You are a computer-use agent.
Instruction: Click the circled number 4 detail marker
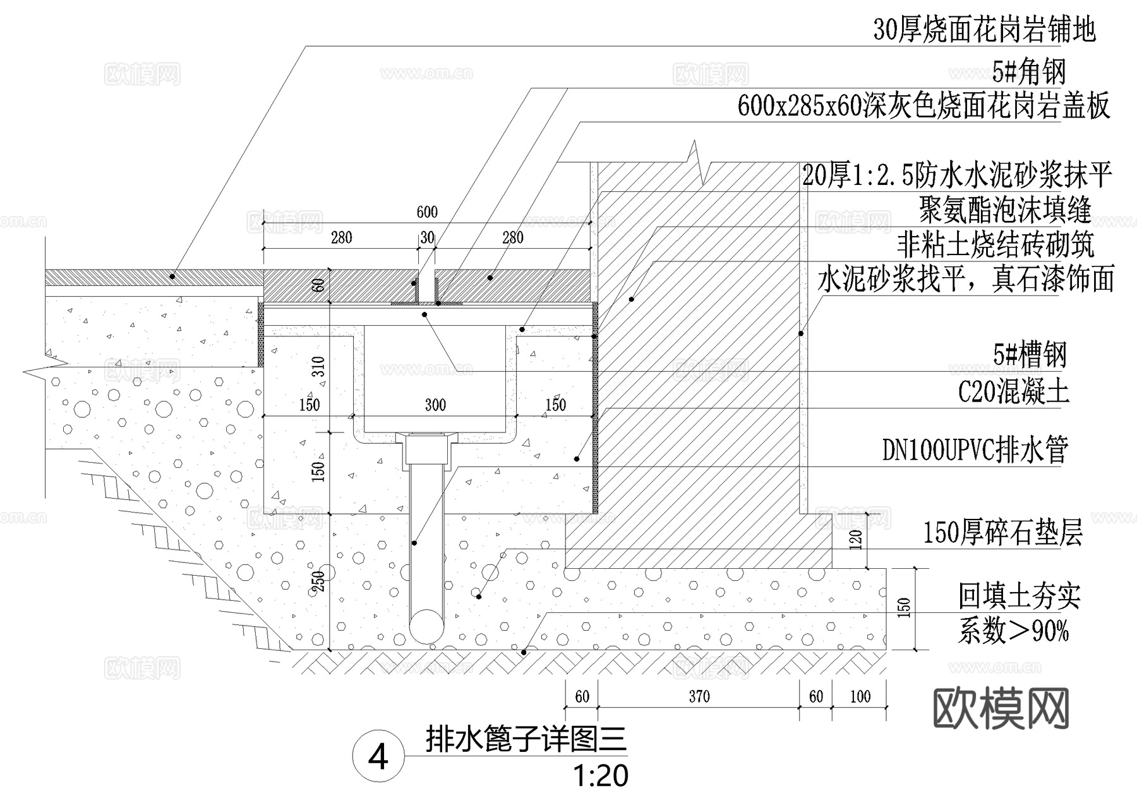pos(378,757)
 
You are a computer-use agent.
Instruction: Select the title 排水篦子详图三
pos(526,739)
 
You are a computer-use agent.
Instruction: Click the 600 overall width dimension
pos(427,212)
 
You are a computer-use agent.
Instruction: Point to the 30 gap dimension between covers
pos(428,237)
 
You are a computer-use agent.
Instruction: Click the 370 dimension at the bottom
pos(699,696)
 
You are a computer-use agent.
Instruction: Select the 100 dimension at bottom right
pos(860,696)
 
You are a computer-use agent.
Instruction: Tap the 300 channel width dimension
pos(435,405)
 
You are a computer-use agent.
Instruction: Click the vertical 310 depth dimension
pos(318,366)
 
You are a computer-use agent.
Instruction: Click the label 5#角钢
pos(1029,72)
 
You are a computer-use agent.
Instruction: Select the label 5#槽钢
pos(1030,355)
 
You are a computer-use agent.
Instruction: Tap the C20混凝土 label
pos(1013,391)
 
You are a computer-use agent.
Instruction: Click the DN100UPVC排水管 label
pos(975,450)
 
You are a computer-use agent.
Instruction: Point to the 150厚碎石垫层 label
pos(1002,533)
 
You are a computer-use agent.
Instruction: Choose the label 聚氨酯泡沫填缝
pos(1005,210)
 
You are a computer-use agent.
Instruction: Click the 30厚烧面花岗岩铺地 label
pos(984,30)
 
